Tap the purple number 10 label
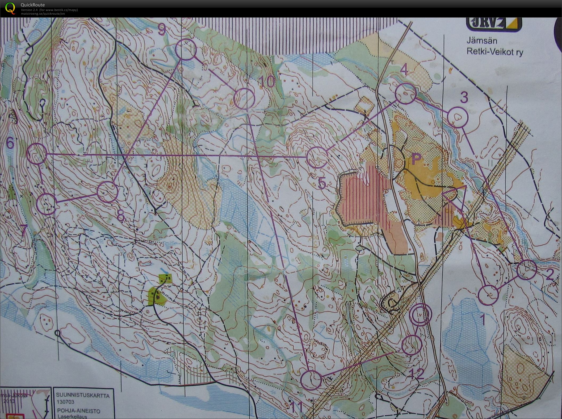[267, 82]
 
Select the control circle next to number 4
[405, 93]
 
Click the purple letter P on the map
[417, 159]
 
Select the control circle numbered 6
[37, 154]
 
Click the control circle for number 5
[317, 158]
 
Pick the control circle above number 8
[108, 192]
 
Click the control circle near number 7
[47, 204]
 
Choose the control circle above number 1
[488, 295]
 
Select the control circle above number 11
[311, 380]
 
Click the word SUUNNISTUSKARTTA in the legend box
[82, 396]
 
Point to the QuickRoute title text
[33, 5]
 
